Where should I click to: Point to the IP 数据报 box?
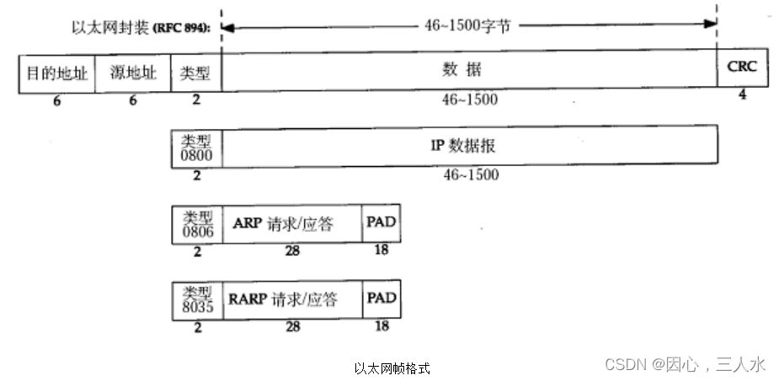click(x=469, y=144)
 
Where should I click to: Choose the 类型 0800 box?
click(x=196, y=145)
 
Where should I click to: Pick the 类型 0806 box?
click(x=196, y=223)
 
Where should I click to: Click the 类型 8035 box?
click(x=196, y=300)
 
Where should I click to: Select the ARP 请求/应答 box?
click(x=291, y=223)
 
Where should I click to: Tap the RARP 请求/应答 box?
click(x=291, y=300)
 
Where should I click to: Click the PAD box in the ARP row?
click(x=381, y=223)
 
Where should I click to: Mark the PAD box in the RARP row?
click(x=381, y=299)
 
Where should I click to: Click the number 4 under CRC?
click(x=742, y=94)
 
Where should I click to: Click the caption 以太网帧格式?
click(x=392, y=368)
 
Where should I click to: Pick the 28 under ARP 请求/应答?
click(x=292, y=250)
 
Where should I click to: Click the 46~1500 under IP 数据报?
click(x=470, y=174)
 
